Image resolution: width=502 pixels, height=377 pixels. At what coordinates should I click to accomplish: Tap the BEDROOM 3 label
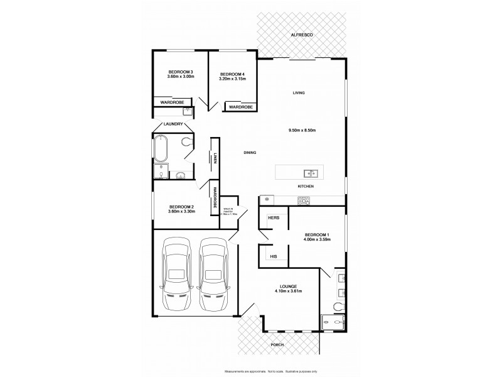point(180,73)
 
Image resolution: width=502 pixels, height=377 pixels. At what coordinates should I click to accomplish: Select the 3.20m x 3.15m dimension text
point(232,79)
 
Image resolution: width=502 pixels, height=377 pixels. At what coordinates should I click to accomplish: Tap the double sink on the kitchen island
point(309,173)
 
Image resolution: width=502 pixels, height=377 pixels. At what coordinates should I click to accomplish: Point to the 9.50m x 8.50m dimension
point(301,130)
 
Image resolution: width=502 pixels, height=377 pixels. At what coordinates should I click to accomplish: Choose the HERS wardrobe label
point(273,217)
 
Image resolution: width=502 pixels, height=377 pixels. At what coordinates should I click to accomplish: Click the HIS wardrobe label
point(273,256)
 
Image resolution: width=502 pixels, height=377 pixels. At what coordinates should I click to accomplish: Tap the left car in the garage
point(177,275)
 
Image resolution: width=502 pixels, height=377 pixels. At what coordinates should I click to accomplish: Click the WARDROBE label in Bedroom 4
point(240,107)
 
